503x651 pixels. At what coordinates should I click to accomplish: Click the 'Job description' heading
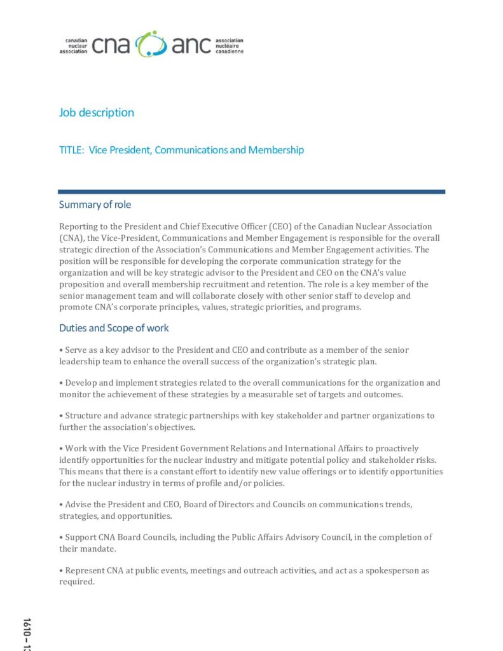point(97,113)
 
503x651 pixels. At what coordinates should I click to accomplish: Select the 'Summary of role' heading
point(95,205)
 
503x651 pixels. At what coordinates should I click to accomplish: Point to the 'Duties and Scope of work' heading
point(114,328)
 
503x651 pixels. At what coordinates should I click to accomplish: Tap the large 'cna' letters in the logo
point(111,45)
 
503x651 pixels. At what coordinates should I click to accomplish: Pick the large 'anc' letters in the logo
point(191,45)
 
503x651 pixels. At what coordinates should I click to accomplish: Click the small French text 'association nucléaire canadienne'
point(230,45)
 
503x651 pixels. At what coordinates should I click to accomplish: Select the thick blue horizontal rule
point(251,191)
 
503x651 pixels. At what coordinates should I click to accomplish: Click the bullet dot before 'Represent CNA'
point(61,571)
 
